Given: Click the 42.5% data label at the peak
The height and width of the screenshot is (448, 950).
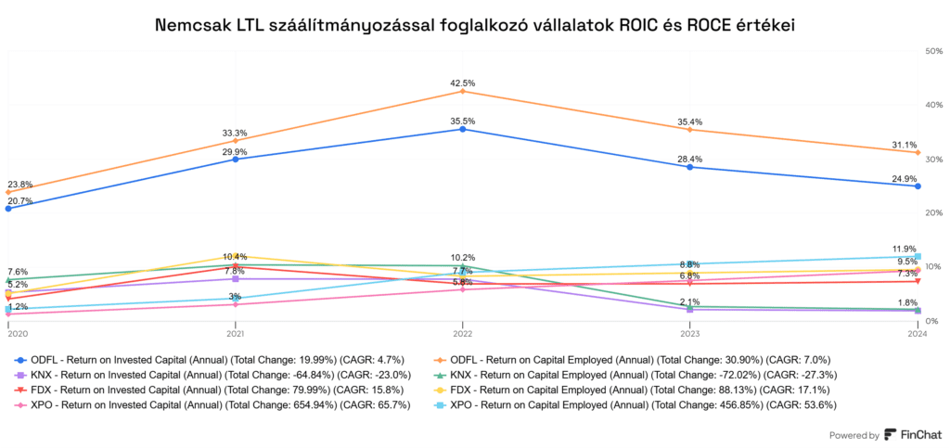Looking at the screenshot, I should pyautogui.click(x=463, y=83).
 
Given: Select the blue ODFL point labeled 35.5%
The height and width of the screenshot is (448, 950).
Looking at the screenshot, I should pyautogui.click(x=463, y=129).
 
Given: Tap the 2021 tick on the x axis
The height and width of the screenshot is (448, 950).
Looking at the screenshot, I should pyautogui.click(x=236, y=333).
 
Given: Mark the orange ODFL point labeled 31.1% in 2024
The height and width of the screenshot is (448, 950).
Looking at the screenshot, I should pyautogui.click(x=918, y=152).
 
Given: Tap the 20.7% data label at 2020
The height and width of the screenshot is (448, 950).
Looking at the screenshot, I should pyautogui.click(x=20, y=200).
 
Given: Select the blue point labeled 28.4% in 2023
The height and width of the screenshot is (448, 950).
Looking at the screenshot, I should pyautogui.click(x=690, y=167).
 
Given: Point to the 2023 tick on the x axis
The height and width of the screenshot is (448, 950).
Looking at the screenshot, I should pyautogui.click(x=690, y=333).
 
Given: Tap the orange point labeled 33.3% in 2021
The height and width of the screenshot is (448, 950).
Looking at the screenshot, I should pyautogui.click(x=236, y=141).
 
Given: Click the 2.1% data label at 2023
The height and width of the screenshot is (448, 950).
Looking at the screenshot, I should pyautogui.click(x=689, y=301).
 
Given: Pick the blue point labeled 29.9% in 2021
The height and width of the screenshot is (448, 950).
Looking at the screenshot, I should pyautogui.click(x=236, y=159).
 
